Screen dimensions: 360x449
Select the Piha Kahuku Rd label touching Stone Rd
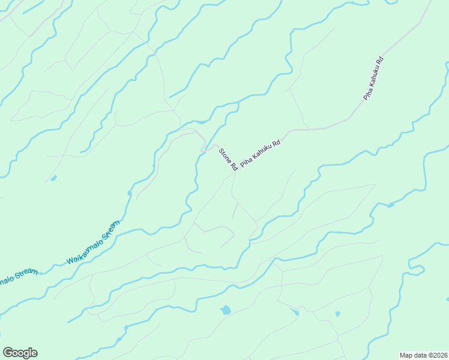point(261,154)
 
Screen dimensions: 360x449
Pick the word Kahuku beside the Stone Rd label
point(262,152)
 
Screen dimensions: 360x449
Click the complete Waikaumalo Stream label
point(93,243)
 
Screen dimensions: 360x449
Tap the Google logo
point(20,353)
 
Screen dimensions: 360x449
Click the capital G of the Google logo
point(8,353)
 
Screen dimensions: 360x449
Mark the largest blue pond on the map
point(225,310)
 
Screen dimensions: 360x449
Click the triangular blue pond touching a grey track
point(295,312)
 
